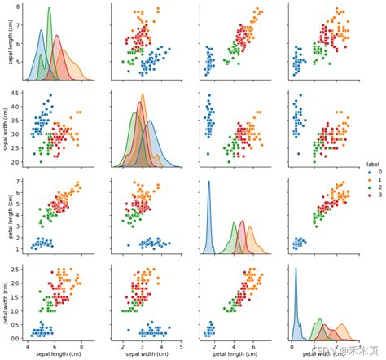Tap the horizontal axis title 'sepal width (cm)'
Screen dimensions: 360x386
click(150, 353)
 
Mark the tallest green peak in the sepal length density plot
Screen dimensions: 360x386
click(49, 10)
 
